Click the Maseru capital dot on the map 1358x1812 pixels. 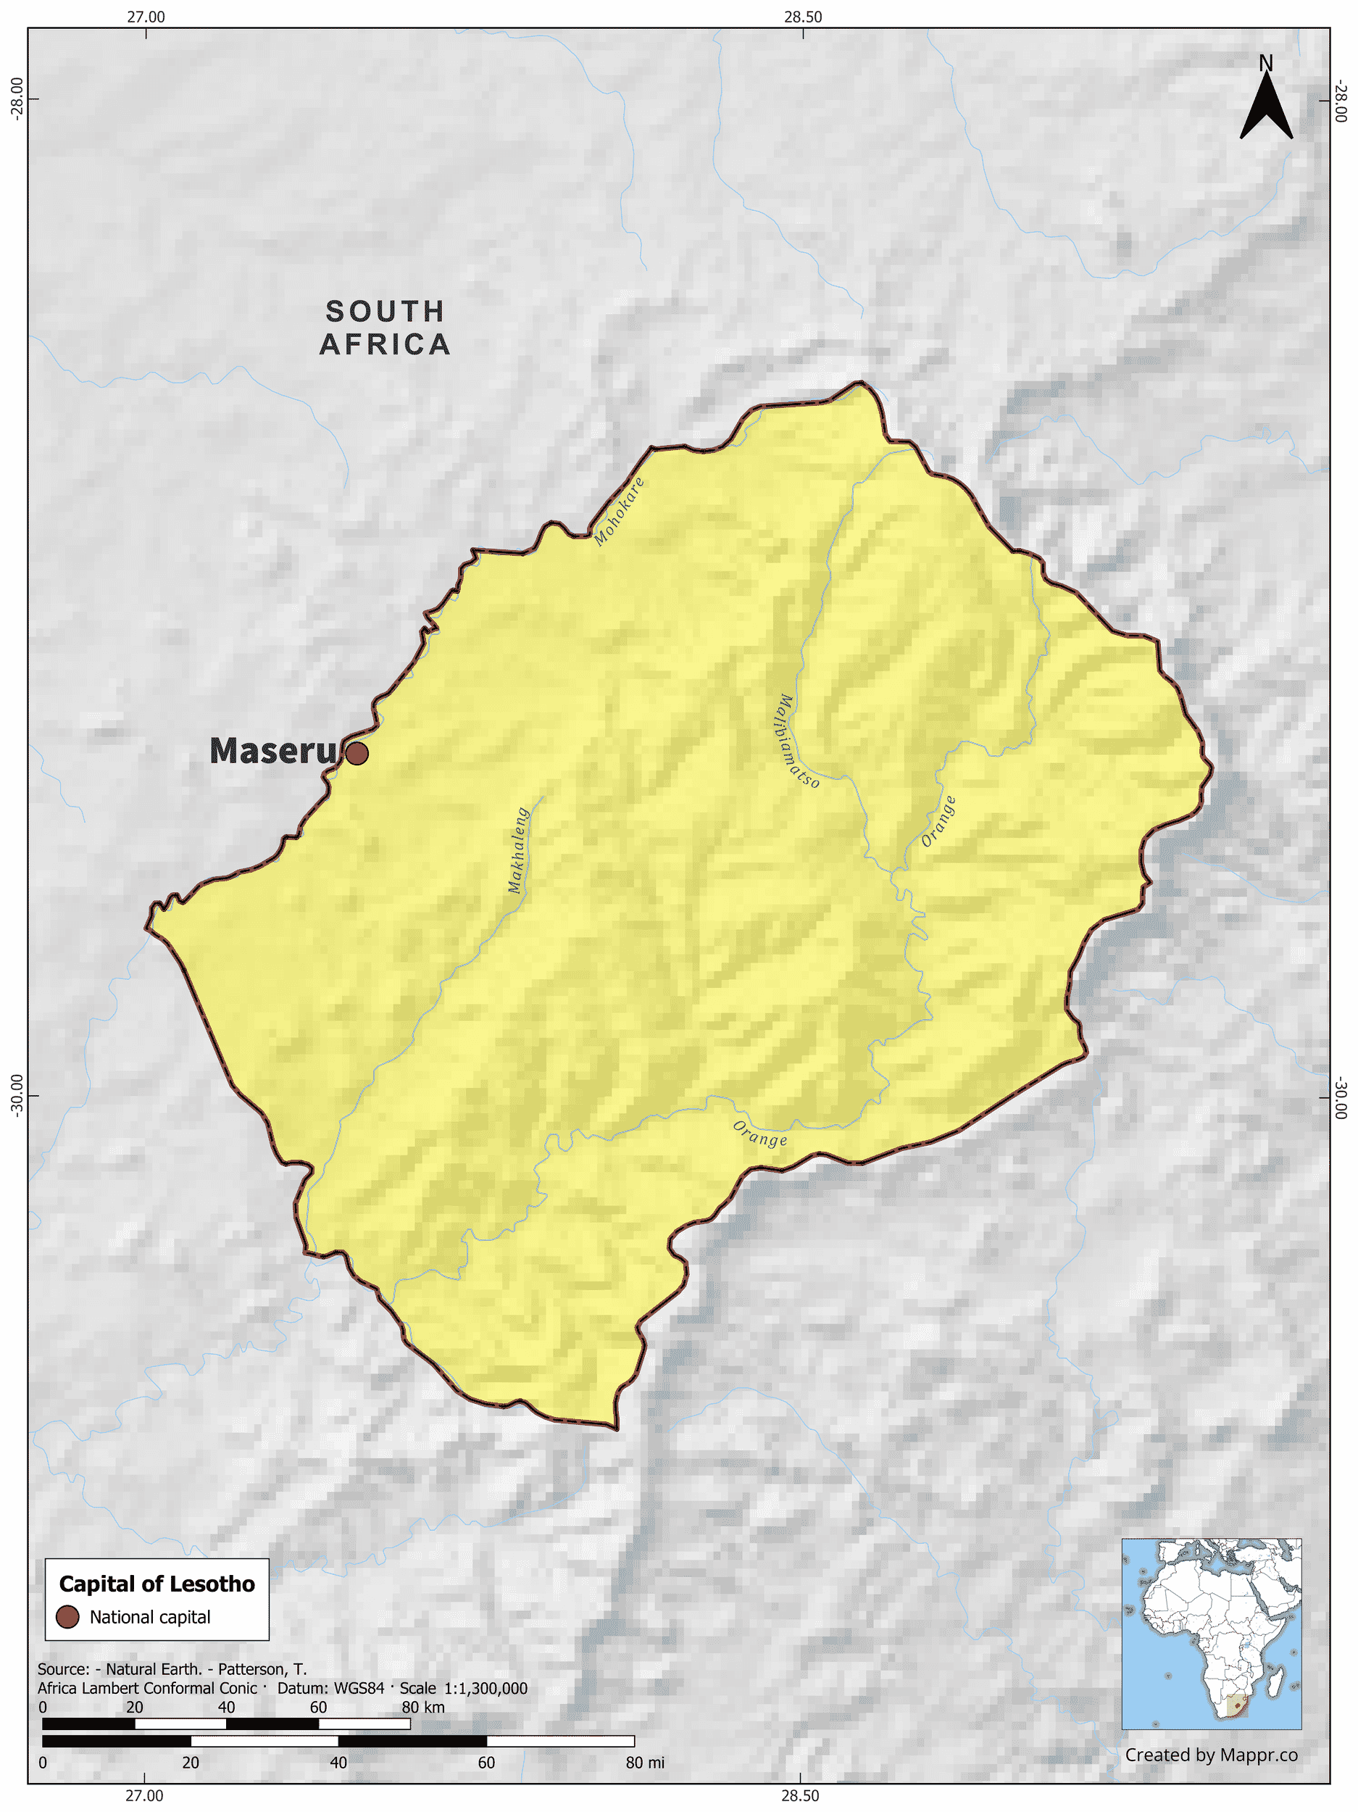pos(357,753)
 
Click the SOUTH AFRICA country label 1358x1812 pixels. pos(385,328)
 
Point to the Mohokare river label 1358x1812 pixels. pos(619,511)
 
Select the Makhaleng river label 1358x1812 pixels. pos(517,850)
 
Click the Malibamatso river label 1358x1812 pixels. pos(794,741)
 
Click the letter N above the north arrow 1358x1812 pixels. pos(1265,63)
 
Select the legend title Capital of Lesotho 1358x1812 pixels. pos(157,1584)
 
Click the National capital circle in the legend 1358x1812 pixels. pos(67,1616)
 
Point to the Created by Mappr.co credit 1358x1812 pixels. pos(1211,1755)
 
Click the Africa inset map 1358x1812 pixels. pos(1211,1634)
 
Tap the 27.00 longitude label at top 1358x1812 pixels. pos(146,17)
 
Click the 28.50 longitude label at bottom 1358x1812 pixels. pos(799,1795)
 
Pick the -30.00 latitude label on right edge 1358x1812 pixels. pos(1340,1097)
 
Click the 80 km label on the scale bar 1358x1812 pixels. pos(422,1707)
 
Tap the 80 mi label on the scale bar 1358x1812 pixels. pos(645,1762)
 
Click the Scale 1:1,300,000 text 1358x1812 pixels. pos(464,1687)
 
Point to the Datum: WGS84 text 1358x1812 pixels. pos(330,1687)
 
